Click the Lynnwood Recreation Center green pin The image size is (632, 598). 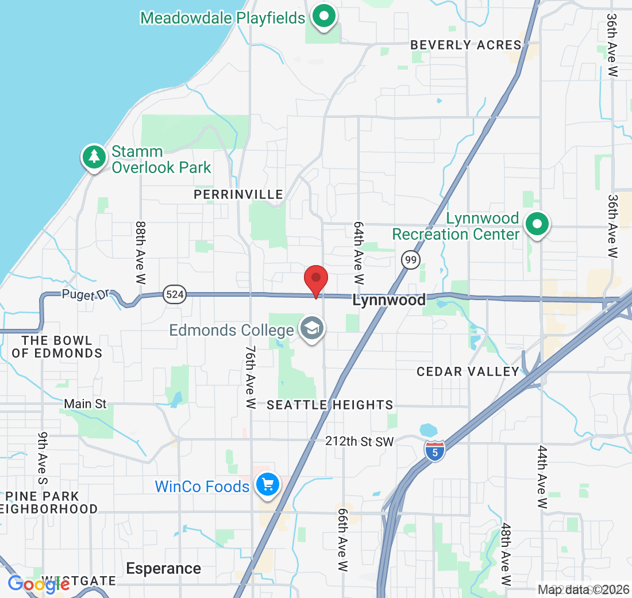point(537,224)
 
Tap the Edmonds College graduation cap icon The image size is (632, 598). point(312,329)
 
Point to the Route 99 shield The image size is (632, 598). point(410,260)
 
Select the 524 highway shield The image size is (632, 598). point(174,295)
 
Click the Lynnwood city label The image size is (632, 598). point(389,300)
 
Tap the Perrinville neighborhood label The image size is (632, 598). point(238,195)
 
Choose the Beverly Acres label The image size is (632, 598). point(466,45)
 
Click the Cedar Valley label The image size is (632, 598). point(468,371)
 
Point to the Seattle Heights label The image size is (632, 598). point(330,405)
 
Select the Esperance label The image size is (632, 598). point(164,569)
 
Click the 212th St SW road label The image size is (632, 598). point(359,442)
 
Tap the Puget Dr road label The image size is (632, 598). point(86,295)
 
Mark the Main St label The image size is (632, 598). point(85,404)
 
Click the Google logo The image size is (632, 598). point(38,584)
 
